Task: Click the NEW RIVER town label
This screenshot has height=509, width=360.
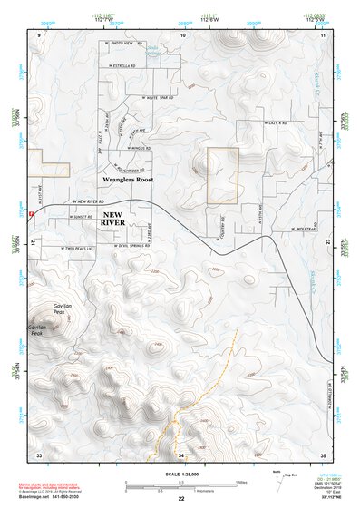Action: click(x=114, y=219)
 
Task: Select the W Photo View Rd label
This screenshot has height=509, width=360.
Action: click(x=124, y=43)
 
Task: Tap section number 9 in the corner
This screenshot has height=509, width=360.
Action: click(x=40, y=34)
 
